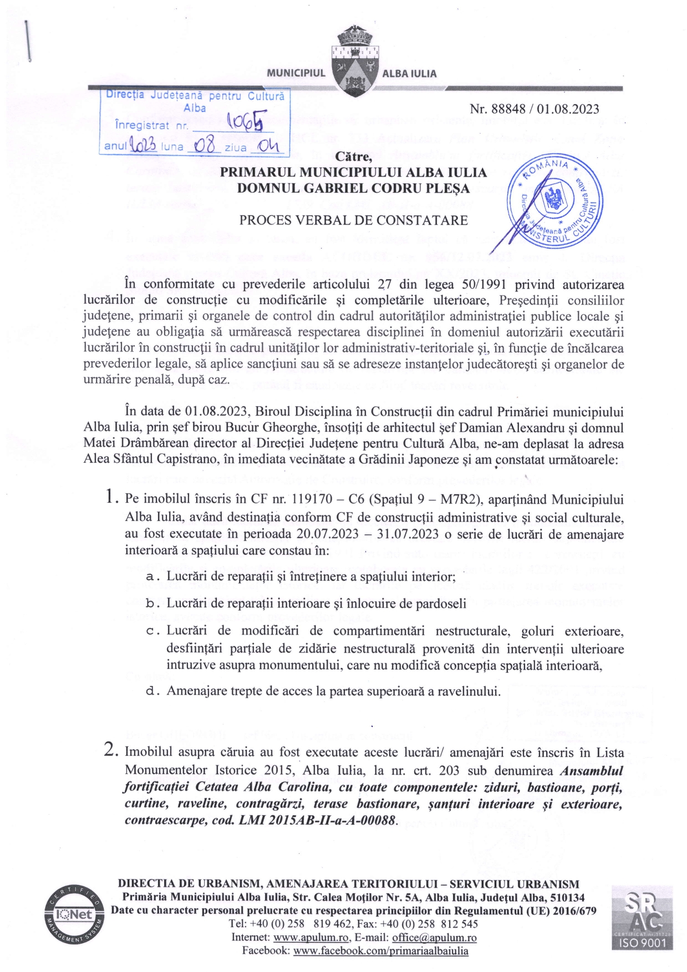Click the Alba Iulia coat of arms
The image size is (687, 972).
tap(354, 61)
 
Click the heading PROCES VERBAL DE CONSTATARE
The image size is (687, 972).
tap(353, 220)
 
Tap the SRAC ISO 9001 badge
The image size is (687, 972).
tap(642, 917)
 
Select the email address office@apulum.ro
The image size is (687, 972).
tap(434, 938)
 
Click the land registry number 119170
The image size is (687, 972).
tap(306, 499)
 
